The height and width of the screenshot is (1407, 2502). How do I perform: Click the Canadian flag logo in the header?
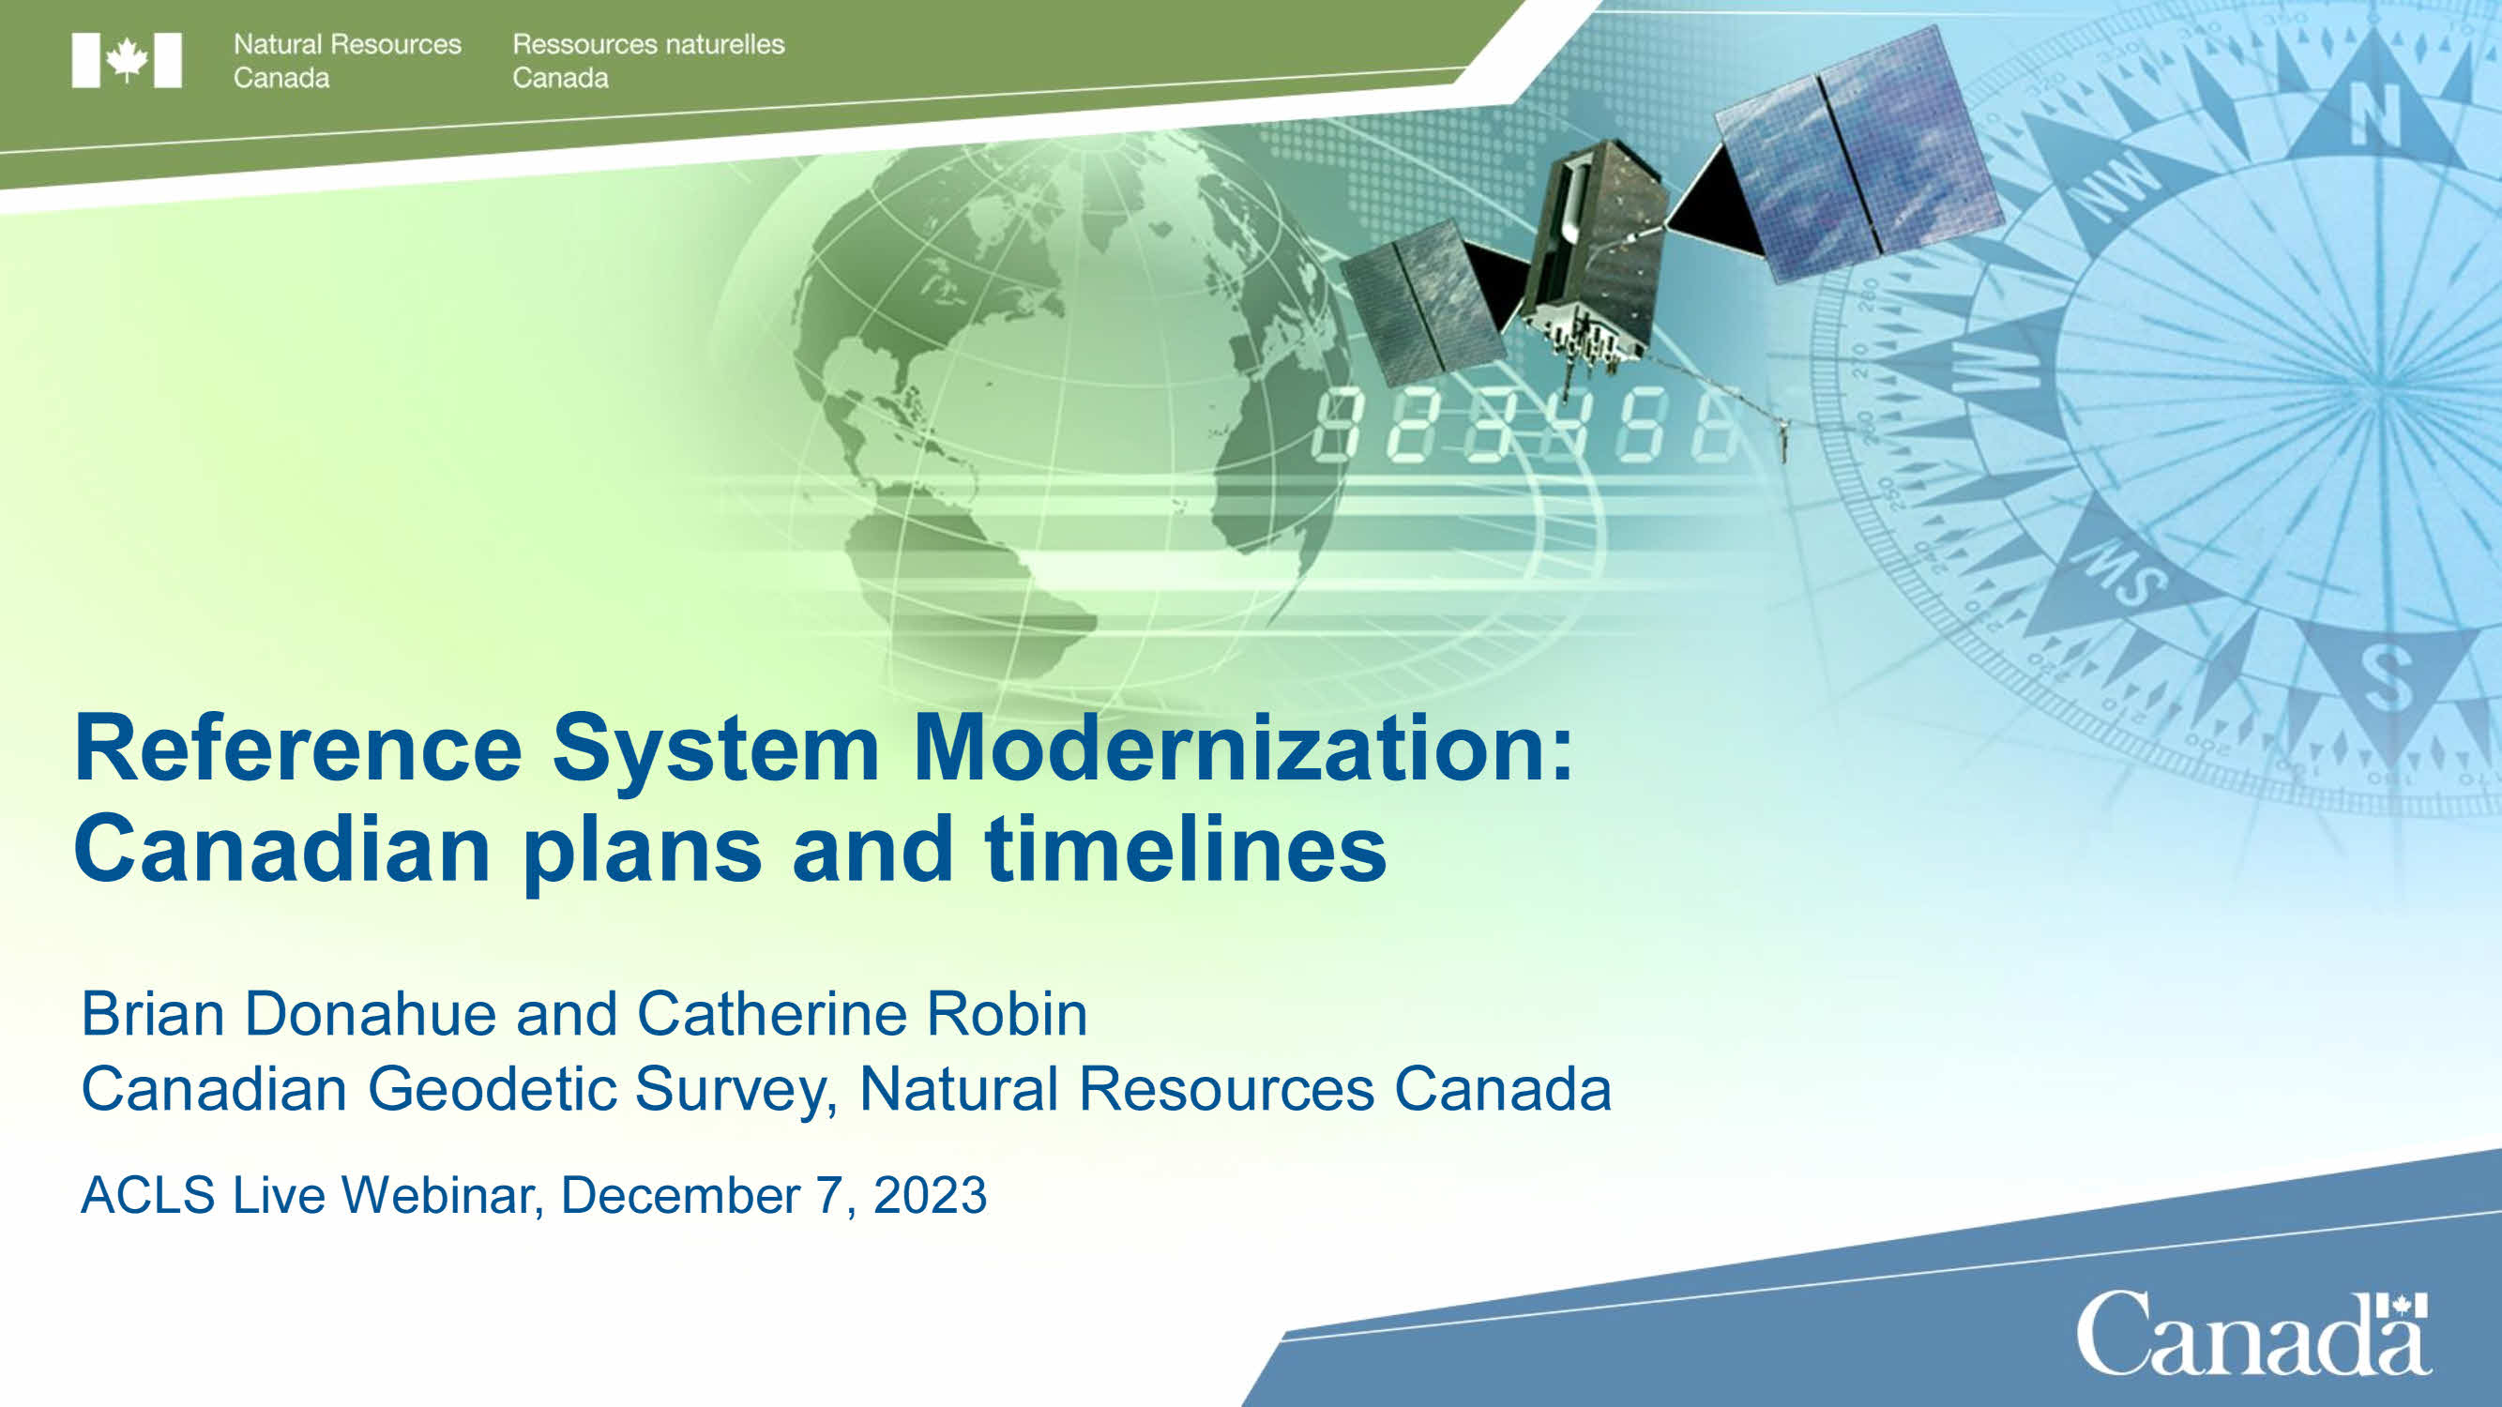[x=127, y=60]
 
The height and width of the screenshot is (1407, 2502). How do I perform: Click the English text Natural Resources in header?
[x=347, y=44]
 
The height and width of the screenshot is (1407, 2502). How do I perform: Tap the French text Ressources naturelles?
[x=648, y=44]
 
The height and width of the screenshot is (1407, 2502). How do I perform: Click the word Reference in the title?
[x=298, y=748]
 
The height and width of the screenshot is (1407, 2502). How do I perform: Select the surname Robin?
[x=1007, y=1014]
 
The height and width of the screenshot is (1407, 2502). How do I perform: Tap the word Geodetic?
[x=492, y=1087]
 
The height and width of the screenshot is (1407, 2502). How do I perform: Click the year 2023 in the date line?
[x=930, y=1194]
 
